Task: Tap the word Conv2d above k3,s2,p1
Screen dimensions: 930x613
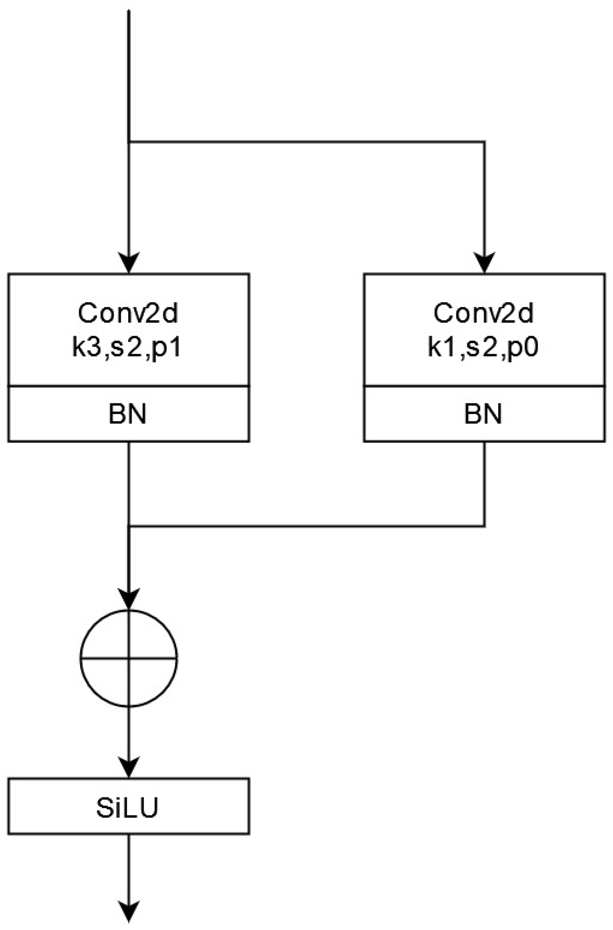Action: point(128,313)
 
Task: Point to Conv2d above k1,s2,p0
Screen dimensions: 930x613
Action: point(484,313)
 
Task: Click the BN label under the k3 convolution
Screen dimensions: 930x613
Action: point(128,414)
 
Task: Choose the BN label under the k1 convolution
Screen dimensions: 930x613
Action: point(483,414)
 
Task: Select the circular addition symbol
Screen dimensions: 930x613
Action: point(129,658)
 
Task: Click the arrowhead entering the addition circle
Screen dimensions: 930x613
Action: point(129,599)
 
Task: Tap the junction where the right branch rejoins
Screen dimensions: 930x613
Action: point(129,526)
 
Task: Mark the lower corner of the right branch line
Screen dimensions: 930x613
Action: point(484,526)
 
